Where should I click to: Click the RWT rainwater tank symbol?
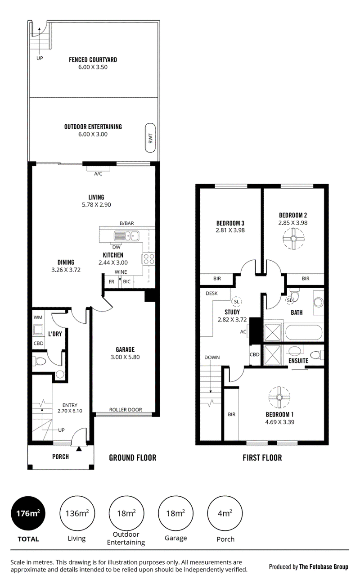tap(150, 138)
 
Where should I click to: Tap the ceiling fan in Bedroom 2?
tap(293, 238)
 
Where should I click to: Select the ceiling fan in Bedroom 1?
tap(279, 397)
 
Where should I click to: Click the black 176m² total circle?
tap(28, 513)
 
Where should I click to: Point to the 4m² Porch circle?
tap(225, 513)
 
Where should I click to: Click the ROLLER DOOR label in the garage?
tap(126, 410)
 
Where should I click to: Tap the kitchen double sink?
tap(126, 236)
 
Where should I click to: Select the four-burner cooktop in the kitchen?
tap(148, 259)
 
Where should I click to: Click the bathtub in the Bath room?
tap(304, 332)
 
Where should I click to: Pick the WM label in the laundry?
tap(38, 317)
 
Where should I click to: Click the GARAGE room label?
tap(125, 349)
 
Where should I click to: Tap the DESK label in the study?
tap(211, 293)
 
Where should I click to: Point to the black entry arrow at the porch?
tap(79, 448)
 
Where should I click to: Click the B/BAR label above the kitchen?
tap(127, 223)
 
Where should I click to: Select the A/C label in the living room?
tap(98, 174)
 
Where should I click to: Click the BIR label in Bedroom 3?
tap(217, 278)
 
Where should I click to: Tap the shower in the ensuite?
tap(273, 355)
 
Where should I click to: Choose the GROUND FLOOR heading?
tap(133, 457)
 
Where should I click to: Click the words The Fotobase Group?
tap(324, 566)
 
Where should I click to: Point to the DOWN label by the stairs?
tap(212, 357)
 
